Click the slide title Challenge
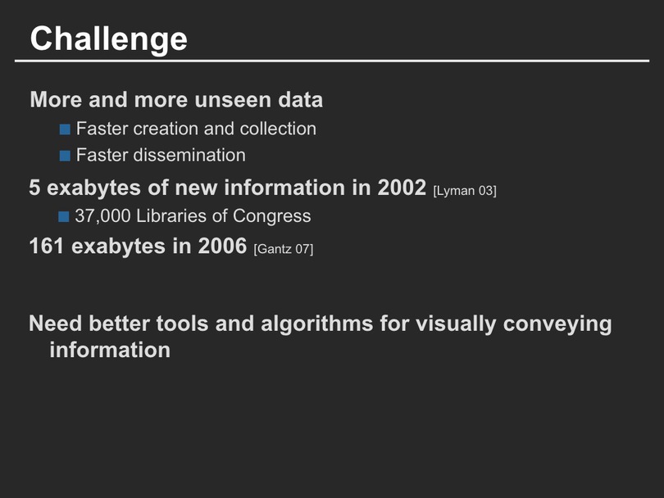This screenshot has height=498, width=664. tap(108, 39)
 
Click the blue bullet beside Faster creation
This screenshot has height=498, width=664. tap(65, 129)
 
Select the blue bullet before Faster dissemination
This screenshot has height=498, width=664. tap(65, 156)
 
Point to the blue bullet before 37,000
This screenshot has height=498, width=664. tap(63, 216)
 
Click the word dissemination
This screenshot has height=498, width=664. tap(189, 155)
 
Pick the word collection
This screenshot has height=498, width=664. tap(278, 129)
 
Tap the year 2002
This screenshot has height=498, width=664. tap(402, 188)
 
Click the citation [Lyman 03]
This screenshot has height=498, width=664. tap(465, 191)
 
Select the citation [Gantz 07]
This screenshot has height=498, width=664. tap(284, 249)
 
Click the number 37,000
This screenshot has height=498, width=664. tap(102, 216)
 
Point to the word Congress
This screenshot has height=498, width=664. tap(271, 216)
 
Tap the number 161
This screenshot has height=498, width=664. tap(47, 246)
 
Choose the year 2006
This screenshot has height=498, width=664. tap(222, 246)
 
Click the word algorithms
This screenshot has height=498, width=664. tap(316, 324)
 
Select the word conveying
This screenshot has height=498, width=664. tap(557, 324)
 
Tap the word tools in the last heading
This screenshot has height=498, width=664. tap(183, 324)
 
